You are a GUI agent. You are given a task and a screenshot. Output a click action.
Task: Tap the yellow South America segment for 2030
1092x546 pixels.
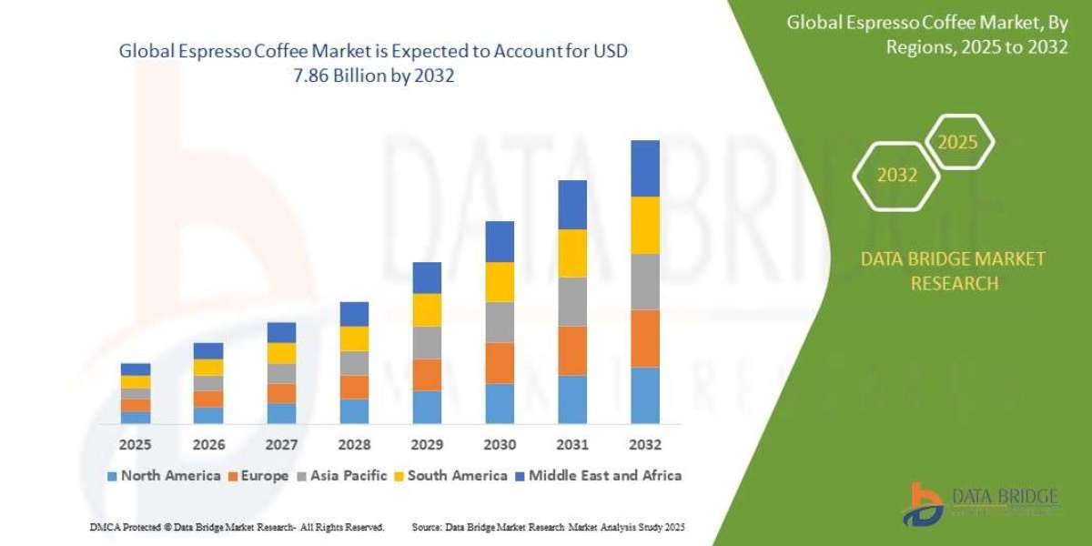[500, 281]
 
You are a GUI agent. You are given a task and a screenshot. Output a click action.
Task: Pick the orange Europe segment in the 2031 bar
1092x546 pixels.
[572, 350]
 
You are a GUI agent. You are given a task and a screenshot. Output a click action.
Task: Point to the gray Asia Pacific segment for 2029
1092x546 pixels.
[427, 342]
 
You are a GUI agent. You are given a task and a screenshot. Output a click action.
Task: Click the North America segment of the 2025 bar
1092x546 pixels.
[136, 417]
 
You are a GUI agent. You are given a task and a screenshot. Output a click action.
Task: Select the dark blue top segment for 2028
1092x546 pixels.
[354, 314]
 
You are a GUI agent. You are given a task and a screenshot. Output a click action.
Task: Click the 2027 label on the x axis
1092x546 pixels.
[281, 445]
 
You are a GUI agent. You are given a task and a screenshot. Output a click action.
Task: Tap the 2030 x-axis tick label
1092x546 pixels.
[500, 445]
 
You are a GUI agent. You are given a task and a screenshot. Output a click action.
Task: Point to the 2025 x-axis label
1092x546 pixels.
[136, 445]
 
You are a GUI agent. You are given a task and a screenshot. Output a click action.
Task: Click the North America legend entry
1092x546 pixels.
[164, 475]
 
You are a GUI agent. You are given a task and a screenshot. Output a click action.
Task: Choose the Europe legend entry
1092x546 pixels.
[258, 475]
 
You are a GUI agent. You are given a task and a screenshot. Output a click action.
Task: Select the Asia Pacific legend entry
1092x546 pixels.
[341, 475]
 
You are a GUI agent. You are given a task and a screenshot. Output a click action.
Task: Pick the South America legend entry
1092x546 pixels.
[450, 475]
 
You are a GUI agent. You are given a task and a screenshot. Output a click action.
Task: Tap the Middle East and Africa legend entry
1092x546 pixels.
[598, 475]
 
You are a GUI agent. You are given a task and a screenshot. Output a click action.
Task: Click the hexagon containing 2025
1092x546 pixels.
[958, 143]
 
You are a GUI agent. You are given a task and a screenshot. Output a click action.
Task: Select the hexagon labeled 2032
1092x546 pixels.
[897, 175]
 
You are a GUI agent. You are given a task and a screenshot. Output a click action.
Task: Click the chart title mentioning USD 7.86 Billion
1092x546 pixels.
[373, 64]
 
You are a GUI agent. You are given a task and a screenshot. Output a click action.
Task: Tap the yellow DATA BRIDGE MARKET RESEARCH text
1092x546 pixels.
[953, 271]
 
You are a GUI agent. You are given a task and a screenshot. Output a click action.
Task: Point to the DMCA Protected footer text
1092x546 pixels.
[237, 527]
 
